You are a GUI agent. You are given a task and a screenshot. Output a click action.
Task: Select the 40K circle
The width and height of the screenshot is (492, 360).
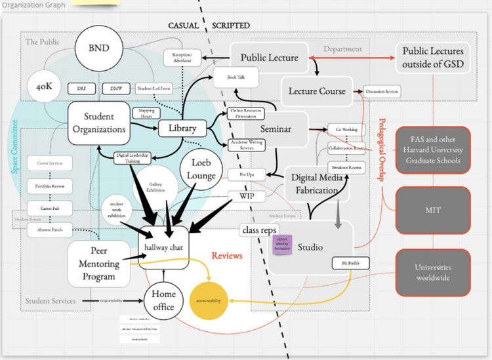click(x=45, y=87)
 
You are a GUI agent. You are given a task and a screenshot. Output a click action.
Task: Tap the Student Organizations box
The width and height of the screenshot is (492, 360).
click(x=99, y=123)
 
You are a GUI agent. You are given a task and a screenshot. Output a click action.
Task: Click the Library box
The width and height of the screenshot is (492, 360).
click(x=182, y=128)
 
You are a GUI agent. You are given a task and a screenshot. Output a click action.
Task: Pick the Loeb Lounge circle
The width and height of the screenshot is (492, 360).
click(x=204, y=169)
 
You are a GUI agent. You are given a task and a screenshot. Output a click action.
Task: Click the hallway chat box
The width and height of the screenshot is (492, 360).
click(x=167, y=246)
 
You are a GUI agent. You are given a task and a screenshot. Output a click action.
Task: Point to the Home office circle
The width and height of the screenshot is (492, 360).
click(x=159, y=301)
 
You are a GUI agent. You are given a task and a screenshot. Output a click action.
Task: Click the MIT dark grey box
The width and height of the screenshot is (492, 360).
click(x=432, y=210)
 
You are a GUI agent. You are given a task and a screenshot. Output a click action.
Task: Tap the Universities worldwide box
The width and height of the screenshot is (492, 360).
click(x=432, y=273)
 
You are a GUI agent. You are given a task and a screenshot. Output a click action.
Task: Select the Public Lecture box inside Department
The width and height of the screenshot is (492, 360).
click(x=269, y=58)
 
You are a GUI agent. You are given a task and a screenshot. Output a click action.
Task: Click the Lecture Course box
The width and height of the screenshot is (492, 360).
click(x=318, y=91)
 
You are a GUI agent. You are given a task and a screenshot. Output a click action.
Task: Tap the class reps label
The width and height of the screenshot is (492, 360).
click(x=259, y=230)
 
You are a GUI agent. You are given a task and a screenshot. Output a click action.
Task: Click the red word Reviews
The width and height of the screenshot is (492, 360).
click(x=226, y=255)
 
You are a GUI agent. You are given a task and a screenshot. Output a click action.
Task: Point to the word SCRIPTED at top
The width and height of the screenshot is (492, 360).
click(x=230, y=25)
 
